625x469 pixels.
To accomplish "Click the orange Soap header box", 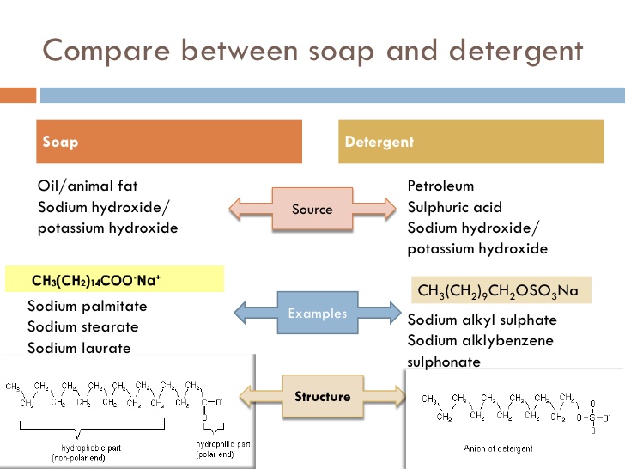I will pyautogui.click(x=168, y=142).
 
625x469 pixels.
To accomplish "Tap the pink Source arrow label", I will pyautogui.click(x=312, y=209).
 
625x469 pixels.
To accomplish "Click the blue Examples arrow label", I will pyautogui.click(x=317, y=314).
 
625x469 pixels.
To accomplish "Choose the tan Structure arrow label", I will pyautogui.click(x=322, y=396).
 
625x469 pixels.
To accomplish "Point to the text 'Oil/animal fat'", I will pyautogui.click(x=88, y=186).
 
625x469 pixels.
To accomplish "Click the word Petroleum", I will pyautogui.click(x=440, y=186).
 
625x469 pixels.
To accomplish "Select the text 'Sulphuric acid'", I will pyautogui.click(x=455, y=207).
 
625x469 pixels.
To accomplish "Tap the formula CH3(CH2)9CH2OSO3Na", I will pyautogui.click(x=497, y=291).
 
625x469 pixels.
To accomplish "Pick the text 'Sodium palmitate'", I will pyautogui.click(x=88, y=306).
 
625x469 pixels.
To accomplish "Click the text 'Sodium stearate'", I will pyautogui.click(x=83, y=327).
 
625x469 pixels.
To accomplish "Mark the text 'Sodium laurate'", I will pyautogui.click(x=80, y=348).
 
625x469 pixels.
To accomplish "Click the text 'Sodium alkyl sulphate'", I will pyautogui.click(x=482, y=320).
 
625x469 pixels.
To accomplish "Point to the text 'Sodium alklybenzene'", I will pyautogui.click(x=480, y=341).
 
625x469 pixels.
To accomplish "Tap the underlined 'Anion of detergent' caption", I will pyautogui.click(x=498, y=448).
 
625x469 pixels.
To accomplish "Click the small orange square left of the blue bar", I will pyautogui.click(x=15, y=94).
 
